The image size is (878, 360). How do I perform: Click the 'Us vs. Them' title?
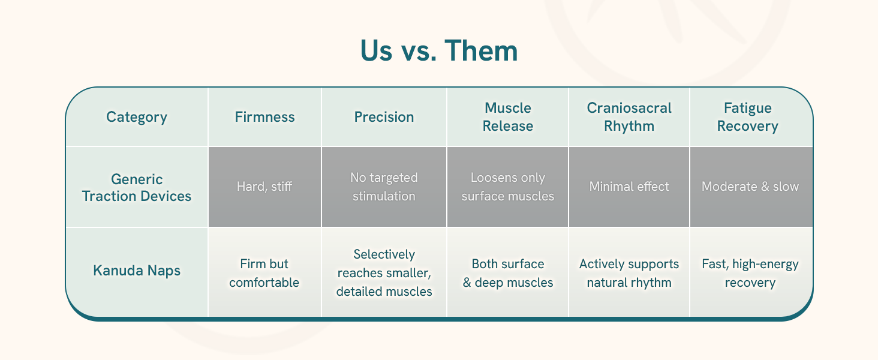tap(438, 52)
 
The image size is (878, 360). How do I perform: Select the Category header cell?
tap(137, 117)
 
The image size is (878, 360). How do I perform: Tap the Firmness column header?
tap(264, 117)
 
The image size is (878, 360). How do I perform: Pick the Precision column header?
tap(384, 117)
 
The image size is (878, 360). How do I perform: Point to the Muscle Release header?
tap(507, 117)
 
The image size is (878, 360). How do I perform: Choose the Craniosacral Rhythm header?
tap(629, 117)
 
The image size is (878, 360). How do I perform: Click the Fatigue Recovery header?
tap(750, 117)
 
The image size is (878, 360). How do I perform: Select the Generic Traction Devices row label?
tap(137, 187)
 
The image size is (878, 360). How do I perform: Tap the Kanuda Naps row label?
tap(137, 271)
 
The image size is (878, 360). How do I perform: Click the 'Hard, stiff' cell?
tap(264, 187)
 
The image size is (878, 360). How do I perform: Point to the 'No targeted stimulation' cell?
tap(384, 187)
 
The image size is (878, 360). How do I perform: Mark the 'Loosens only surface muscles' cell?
tap(507, 187)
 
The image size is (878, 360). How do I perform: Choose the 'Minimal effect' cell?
tap(629, 187)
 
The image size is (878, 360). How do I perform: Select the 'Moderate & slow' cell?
tap(750, 187)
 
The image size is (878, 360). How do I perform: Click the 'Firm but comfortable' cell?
tap(264, 272)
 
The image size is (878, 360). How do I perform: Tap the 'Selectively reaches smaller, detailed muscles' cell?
tap(384, 272)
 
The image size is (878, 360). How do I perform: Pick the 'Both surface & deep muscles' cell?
tap(507, 272)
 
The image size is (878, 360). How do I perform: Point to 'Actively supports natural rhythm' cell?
tap(629, 272)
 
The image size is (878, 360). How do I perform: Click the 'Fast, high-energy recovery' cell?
tap(750, 272)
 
